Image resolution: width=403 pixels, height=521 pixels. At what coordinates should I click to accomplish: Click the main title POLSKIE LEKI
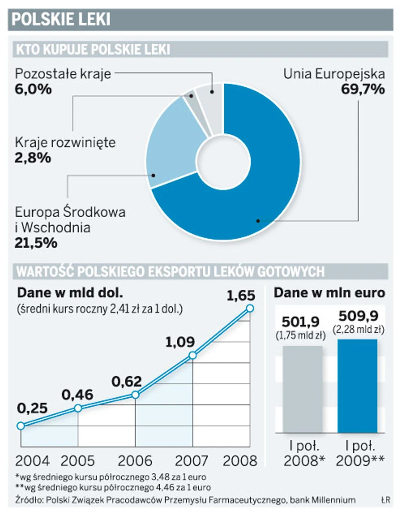[x=60, y=19]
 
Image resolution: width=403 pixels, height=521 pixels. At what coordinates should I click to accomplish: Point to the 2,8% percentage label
[x=33, y=158]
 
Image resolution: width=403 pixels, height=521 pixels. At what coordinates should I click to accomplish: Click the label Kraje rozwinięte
[x=65, y=142]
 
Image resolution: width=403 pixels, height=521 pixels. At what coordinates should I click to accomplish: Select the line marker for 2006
[x=135, y=395]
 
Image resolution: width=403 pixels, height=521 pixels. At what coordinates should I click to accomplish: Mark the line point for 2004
[x=21, y=426]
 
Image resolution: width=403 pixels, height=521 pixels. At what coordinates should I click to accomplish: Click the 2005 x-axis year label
[x=78, y=460]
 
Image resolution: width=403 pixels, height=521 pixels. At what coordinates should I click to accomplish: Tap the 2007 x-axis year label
[x=192, y=460]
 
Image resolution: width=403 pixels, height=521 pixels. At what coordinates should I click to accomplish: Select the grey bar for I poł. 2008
[x=303, y=389]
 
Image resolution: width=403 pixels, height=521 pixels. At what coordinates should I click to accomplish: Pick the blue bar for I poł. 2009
[x=357, y=386]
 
